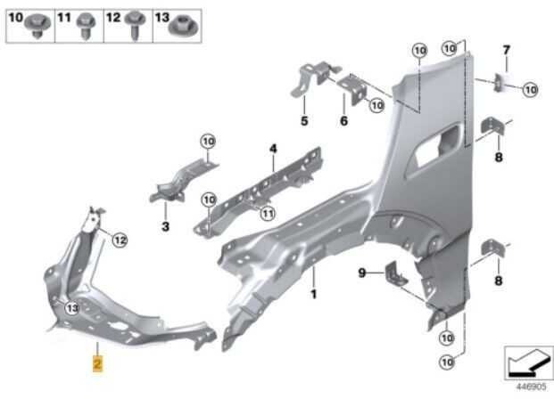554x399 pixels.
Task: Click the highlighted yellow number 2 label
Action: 97,363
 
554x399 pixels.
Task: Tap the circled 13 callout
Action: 72,308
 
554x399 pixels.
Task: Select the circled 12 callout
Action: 120,240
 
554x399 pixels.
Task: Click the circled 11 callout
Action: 268,214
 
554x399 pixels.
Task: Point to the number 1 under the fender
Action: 313,294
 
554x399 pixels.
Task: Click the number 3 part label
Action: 165,226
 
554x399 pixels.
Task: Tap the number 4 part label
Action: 273,149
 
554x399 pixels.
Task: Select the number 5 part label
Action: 304,120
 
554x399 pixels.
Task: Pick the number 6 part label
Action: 343,120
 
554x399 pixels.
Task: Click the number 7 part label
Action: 507,50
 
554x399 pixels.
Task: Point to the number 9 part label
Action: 362,273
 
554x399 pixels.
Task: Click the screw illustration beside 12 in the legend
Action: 136,25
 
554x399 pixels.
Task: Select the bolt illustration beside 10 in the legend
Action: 37,26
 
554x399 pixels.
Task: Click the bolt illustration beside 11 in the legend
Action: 85,26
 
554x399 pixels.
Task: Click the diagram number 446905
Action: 532,387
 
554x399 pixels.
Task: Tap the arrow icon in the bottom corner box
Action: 528,362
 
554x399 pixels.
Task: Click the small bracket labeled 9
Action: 395,273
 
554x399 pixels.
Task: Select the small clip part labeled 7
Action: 499,83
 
